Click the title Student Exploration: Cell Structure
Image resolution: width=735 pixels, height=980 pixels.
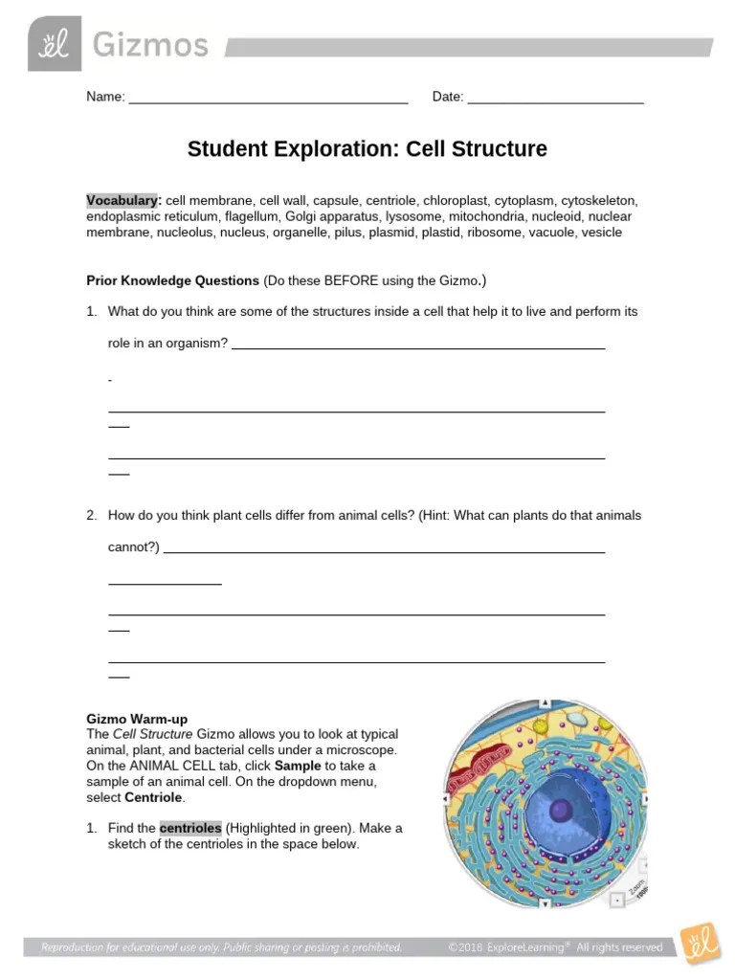click(x=367, y=149)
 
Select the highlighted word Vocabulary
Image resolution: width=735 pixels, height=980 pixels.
click(x=122, y=201)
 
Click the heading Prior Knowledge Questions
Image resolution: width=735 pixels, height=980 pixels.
click(x=173, y=280)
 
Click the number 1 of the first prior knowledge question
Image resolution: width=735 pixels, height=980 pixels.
click(x=92, y=312)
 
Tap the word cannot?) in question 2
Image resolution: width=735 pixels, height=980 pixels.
click(x=134, y=547)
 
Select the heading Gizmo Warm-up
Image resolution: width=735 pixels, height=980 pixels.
click(x=137, y=719)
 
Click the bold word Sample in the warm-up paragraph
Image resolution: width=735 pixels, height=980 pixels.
click(x=298, y=766)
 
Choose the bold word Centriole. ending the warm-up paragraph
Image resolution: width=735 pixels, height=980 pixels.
click(x=155, y=797)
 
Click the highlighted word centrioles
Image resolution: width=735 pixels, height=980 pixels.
click(x=190, y=828)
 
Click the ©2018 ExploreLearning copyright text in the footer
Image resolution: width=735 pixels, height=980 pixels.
click(x=555, y=947)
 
